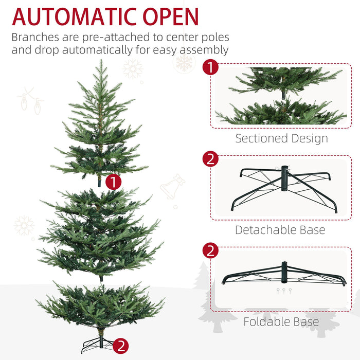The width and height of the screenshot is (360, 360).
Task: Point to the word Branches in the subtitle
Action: (39, 38)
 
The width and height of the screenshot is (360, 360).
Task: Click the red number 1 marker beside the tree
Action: (113, 181)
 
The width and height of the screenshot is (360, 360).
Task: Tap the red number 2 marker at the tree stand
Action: (120, 346)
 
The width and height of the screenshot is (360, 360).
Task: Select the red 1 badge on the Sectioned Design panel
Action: (210, 68)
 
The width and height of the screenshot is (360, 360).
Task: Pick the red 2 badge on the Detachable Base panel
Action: (210, 159)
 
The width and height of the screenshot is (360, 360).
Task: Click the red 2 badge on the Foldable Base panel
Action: (210, 250)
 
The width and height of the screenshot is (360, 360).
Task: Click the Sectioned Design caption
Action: (281, 138)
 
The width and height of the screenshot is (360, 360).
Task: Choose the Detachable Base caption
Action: (280, 229)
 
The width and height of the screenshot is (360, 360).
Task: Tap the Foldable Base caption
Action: (281, 322)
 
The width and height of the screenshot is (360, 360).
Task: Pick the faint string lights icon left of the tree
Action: (31, 101)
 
